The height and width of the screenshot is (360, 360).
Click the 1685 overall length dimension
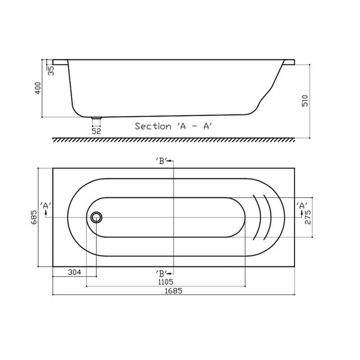coord(173,291)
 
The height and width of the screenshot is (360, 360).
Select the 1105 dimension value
coord(166,282)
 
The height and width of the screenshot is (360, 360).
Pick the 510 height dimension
coord(305,101)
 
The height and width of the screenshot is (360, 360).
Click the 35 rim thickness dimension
coord(51,70)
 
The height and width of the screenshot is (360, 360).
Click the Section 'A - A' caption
coord(173,126)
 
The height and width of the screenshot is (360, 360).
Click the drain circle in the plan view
coord(95,217)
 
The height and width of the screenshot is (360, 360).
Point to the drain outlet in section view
coord(96,118)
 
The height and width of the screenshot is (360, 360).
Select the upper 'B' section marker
coord(163,161)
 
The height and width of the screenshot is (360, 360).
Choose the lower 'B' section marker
coord(163,273)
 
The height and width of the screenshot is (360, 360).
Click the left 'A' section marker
coord(45,206)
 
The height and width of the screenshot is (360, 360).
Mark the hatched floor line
coord(173,140)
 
